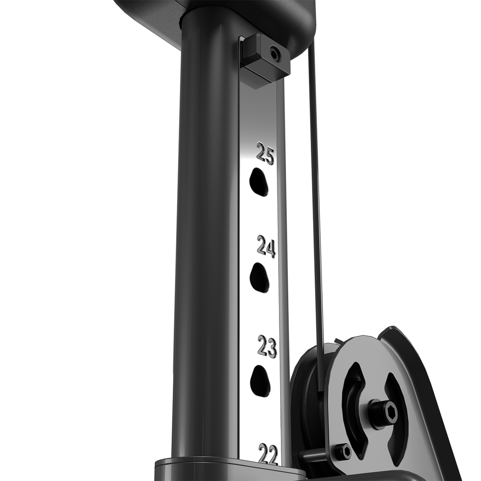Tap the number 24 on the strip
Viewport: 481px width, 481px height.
(267, 247)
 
